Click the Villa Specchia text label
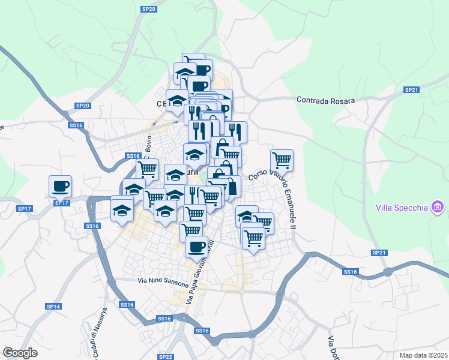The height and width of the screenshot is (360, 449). [402, 208]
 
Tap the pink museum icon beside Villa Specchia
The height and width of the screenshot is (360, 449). [437, 208]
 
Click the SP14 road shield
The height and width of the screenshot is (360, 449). [53, 306]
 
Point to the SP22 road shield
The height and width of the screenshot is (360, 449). [166, 356]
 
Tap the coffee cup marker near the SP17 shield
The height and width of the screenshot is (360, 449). [60, 186]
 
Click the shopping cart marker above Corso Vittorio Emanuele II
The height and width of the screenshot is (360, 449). [282, 160]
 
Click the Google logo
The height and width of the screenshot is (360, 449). [20, 352]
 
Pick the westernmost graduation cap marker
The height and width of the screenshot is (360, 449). [122, 211]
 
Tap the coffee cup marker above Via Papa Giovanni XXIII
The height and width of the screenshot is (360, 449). [196, 245]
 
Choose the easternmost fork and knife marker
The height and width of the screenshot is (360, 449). [235, 131]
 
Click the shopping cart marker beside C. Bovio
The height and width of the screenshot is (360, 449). [148, 169]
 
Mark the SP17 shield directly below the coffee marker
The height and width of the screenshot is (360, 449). [61, 203]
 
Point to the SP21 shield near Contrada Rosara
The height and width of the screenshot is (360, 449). [411, 90]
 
